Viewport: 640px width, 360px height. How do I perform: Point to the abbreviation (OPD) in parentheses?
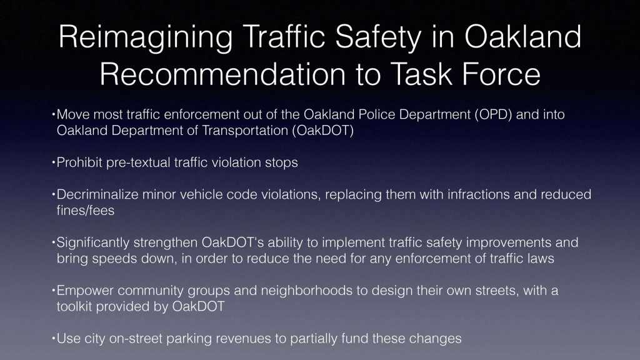click(x=493, y=115)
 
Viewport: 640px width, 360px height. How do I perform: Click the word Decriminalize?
click(x=97, y=194)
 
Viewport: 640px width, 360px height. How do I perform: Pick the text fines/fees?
click(x=86, y=211)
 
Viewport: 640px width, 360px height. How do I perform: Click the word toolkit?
click(x=74, y=306)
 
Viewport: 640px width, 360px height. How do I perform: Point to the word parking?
click(x=189, y=339)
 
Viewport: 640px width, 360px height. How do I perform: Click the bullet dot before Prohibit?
click(x=54, y=162)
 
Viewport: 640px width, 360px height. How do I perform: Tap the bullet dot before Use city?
click(x=54, y=338)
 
